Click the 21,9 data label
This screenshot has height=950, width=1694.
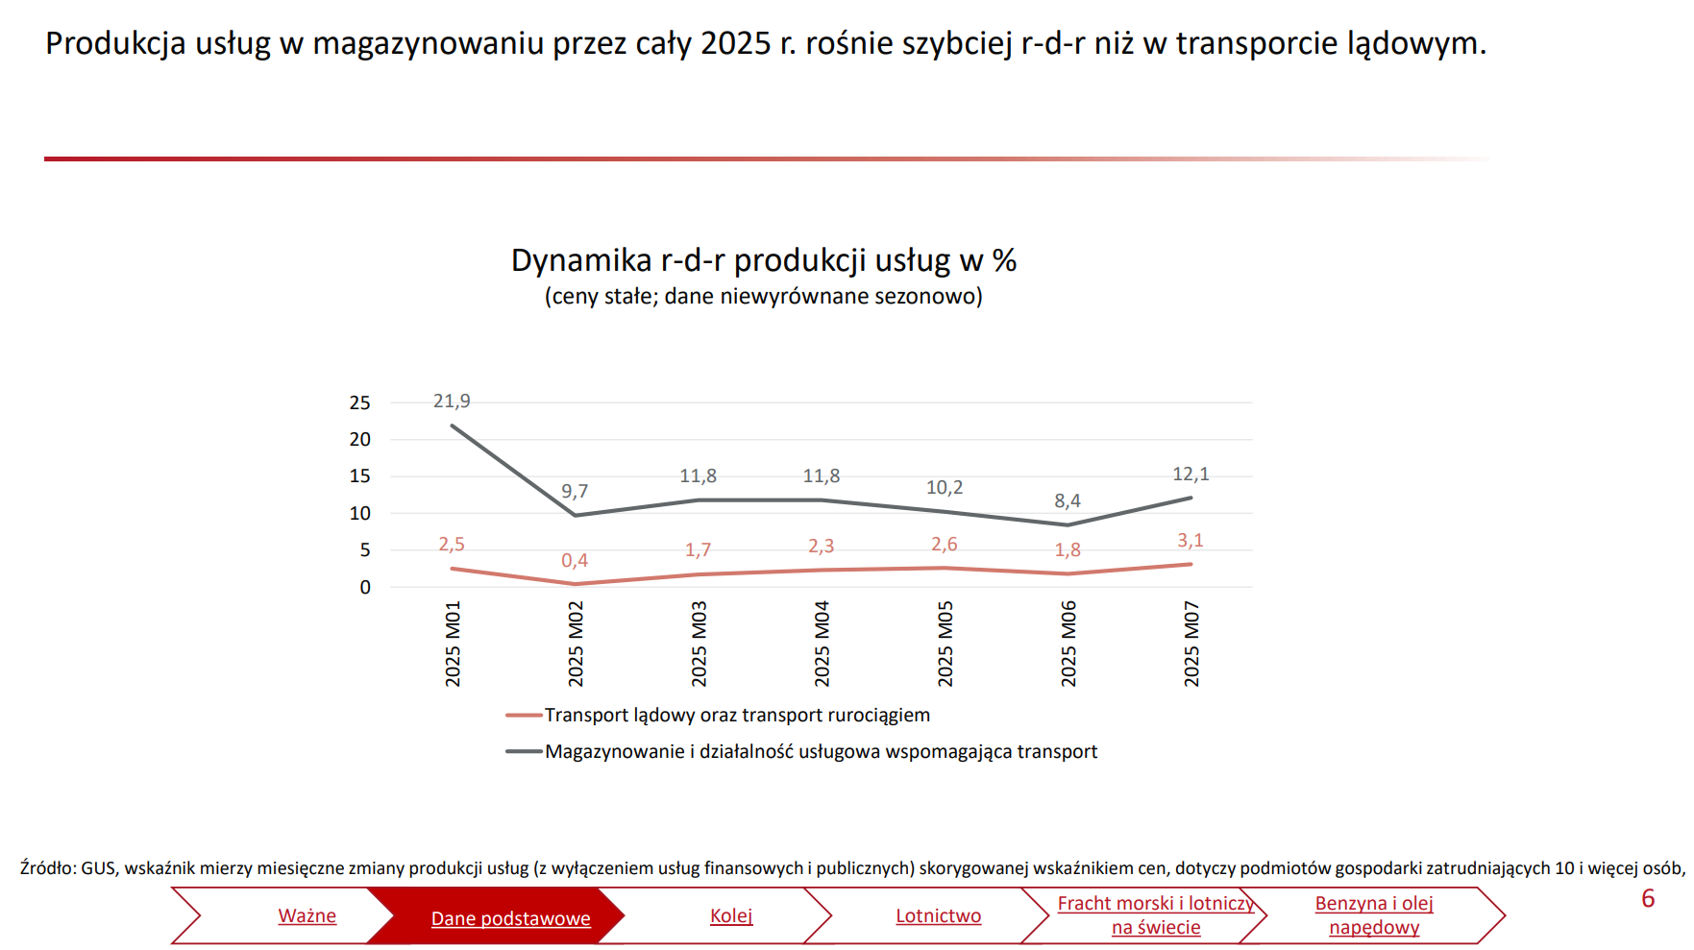[x=452, y=402]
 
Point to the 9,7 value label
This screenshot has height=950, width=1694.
[x=575, y=492]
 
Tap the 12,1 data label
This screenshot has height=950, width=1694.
[x=1191, y=475]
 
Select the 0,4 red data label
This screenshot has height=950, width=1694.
[x=575, y=561]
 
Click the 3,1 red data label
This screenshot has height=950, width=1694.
[x=1191, y=541]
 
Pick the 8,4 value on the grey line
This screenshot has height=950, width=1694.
[x=1068, y=501]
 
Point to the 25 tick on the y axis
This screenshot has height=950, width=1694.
[x=359, y=403]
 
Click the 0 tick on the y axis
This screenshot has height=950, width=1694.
[x=365, y=588]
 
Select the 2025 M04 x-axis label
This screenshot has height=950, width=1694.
[x=822, y=644]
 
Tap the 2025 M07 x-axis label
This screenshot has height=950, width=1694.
[x=1191, y=644]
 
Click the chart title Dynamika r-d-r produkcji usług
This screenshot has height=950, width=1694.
[x=763, y=260]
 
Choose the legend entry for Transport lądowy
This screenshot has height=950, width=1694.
[x=736, y=716]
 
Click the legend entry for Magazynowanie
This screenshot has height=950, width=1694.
[x=820, y=752]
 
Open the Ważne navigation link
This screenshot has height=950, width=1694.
[x=307, y=916]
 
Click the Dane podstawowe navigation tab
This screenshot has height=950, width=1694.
[x=510, y=919]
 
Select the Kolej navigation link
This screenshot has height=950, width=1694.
[x=731, y=916]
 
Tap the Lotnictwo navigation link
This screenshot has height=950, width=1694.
[x=938, y=916]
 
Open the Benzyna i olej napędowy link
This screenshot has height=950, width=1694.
[x=1374, y=915]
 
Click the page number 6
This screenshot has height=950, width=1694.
[x=1648, y=899]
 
